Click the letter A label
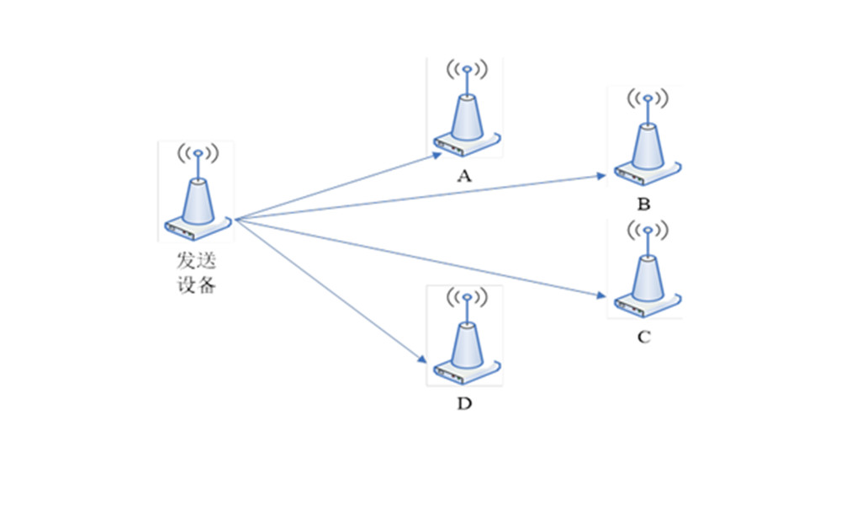click(463, 176)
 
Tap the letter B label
click(644, 205)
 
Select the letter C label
click(644, 338)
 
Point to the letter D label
click(464, 404)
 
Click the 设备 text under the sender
click(197, 284)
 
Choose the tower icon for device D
click(466, 337)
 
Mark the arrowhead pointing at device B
click(601, 176)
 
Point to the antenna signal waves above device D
click(466, 297)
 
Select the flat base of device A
click(467, 144)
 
